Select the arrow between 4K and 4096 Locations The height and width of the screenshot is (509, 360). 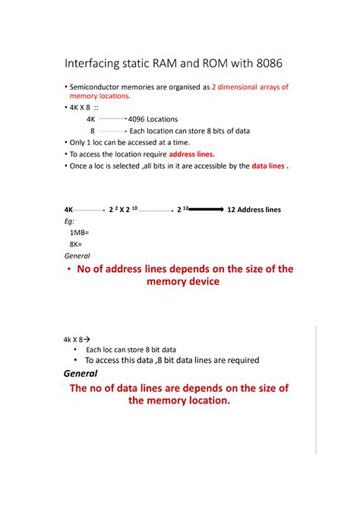pyautogui.click(x=112, y=119)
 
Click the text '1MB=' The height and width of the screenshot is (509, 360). pyautogui.click(x=80, y=232)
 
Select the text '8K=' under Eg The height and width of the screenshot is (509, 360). pyautogui.click(x=77, y=244)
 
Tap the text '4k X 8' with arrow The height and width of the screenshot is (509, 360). pyautogui.click(x=74, y=340)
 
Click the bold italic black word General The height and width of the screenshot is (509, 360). pyautogui.click(x=81, y=374)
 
